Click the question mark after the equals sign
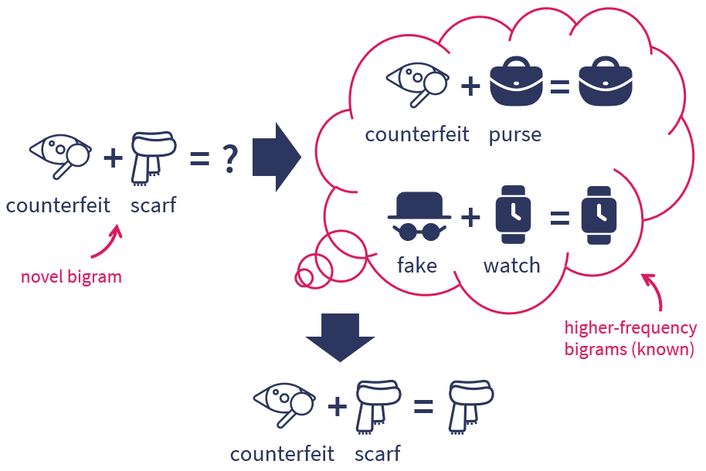pos(229,159)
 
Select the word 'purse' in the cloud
pos(514,134)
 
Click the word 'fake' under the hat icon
pos(417,266)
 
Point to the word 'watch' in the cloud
pos(511,266)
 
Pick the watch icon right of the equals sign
pos(600,215)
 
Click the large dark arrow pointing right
pos(276,158)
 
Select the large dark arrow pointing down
pos(340,337)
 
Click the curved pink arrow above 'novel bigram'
pos(107,241)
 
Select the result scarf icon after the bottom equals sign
pos(470,405)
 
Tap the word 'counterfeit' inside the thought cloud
pos(417,134)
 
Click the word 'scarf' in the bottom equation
pos(378,453)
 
